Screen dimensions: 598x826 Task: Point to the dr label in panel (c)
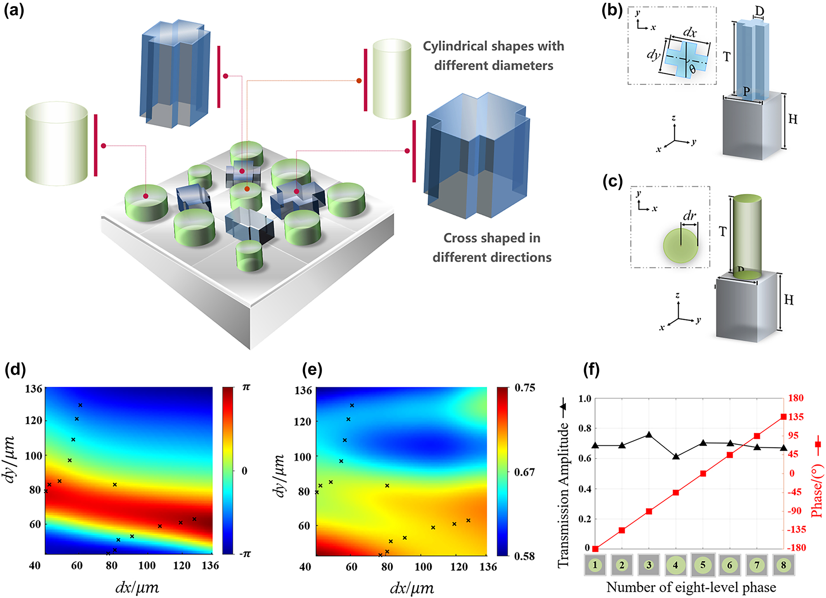tap(689, 215)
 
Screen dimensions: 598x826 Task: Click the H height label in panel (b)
tap(793, 119)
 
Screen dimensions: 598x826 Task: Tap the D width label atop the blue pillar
tap(759, 11)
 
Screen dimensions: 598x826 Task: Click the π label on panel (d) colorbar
tap(246, 387)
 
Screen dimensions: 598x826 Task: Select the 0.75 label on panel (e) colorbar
tap(524, 388)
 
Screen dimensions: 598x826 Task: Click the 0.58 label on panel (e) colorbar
tap(524, 556)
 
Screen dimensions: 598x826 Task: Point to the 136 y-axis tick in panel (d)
tap(34, 389)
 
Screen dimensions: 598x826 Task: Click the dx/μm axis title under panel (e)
tap(412, 588)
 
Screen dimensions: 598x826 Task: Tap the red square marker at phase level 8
tap(783, 417)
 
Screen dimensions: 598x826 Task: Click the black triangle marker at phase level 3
tap(649, 435)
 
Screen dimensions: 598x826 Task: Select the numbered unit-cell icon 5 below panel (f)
tap(703, 565)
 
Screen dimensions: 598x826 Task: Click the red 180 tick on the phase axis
tap(795, 398)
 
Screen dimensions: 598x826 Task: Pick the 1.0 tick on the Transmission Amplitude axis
tap(585, 399)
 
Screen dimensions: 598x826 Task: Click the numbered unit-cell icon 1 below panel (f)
tap(595, 565)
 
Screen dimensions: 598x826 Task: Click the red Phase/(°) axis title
tap(817, 491)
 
